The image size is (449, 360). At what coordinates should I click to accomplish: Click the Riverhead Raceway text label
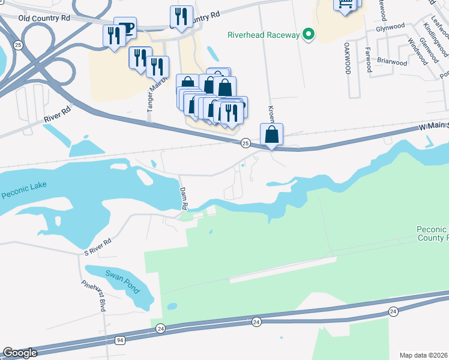coord(263,35)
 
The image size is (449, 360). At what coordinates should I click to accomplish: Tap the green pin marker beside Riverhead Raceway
coord(309,35)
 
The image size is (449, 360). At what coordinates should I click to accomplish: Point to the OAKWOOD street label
coord(348,58)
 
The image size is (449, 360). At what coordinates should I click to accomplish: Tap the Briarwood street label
coord(392,62)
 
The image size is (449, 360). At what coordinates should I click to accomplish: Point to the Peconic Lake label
coord(23,193)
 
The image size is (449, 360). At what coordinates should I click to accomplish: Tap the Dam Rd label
coord(184,197)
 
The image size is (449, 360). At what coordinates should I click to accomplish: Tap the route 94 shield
coord(120,340)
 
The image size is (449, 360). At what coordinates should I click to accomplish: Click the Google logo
coord(20,353)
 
